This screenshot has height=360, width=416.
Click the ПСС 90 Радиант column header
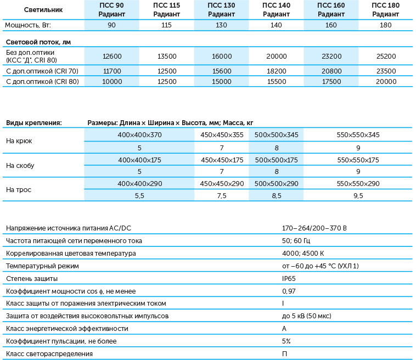tap(111, 10)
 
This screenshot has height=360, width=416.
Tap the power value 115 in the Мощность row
tap(166, 25)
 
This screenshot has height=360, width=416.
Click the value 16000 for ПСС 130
tap(221, 56)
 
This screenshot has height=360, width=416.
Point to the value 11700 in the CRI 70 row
tap(111, 71)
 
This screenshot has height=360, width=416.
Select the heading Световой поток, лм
tap(38, 42)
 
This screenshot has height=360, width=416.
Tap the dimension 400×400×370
tap(139, 135)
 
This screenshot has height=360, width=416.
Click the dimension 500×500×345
tap(277, 135)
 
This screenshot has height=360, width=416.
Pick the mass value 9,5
tap(358, 195)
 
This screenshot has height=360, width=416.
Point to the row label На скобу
tap(19, 165)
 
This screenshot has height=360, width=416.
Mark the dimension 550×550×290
tap(358, 184)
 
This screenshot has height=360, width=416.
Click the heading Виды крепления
tap(33, 123)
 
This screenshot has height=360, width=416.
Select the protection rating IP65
tap(289, 278)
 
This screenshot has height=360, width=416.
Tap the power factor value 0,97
tap(289, 291)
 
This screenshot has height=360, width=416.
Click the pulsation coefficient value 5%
tap(286, 341)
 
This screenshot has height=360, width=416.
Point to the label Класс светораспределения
tap(49, 354)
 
